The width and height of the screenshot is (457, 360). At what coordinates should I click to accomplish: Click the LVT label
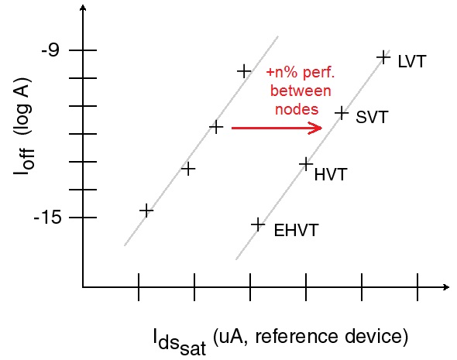(412, 61)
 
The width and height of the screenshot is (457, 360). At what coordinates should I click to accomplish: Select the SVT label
(373, 117)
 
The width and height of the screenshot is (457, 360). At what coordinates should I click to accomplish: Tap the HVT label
(331, 174)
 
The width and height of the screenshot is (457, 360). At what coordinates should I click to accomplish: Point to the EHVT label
(296, 230)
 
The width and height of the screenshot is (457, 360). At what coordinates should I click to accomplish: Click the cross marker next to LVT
(383, 57)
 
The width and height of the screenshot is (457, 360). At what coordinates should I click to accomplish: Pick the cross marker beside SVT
(342, 113)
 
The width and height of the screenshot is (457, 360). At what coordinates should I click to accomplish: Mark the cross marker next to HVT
(306, 165)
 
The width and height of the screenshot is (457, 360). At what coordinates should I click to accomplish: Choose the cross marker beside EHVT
(258, 225)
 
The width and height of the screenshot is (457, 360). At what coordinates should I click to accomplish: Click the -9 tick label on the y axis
(50, 50)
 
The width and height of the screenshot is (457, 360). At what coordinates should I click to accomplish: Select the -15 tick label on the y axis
(48, 218)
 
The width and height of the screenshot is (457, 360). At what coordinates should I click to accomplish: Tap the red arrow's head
(316, 128)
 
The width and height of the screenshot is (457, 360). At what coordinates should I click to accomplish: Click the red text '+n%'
(282, 72)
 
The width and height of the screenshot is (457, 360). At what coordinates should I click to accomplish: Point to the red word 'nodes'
(297, 109)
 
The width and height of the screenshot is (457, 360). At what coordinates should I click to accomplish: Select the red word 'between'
(301, 91)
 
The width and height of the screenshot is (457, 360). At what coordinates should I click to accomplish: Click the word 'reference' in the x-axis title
(297, 337)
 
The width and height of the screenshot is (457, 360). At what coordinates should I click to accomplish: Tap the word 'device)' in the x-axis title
(376, 338)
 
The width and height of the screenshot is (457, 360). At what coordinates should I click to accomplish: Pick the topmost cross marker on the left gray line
(244, 71)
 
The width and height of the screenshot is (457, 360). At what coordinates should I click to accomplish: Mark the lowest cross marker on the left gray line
(146, 211)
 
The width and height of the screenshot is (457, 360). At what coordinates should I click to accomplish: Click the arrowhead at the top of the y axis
(84, 8)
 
